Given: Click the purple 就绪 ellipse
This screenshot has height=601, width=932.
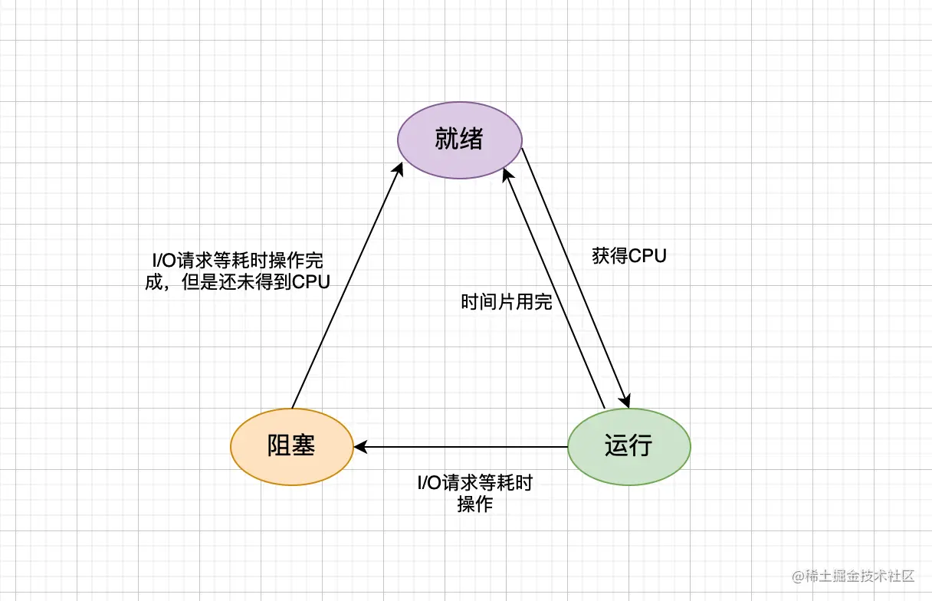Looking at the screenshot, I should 460,140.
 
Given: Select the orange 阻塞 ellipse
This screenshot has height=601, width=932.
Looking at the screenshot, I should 291,446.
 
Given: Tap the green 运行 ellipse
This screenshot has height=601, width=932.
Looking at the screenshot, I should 628,446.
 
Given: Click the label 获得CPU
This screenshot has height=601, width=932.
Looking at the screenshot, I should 628,255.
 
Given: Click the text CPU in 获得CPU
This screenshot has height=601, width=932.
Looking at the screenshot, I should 648,255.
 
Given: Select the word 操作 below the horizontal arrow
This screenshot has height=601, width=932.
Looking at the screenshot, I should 474,504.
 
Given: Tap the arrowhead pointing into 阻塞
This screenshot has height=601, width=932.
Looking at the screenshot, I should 359,446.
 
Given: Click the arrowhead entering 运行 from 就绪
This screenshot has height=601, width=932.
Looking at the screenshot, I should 626,401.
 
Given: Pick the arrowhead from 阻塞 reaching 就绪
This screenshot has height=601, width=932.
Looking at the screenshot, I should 399,169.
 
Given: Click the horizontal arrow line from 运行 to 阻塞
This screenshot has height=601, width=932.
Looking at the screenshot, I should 460,446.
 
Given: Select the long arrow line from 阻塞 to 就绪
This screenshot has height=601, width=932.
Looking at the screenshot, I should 345,287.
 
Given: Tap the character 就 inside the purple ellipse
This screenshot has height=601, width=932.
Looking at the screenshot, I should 447,140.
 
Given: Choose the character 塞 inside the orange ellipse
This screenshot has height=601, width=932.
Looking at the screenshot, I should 304,446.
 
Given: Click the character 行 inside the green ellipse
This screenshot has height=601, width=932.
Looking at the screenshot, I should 641,446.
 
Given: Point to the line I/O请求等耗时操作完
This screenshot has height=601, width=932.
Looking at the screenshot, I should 238,260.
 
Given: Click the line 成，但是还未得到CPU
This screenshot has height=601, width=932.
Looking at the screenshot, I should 238,281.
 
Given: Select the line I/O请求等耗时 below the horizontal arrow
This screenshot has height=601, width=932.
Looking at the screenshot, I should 474,484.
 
